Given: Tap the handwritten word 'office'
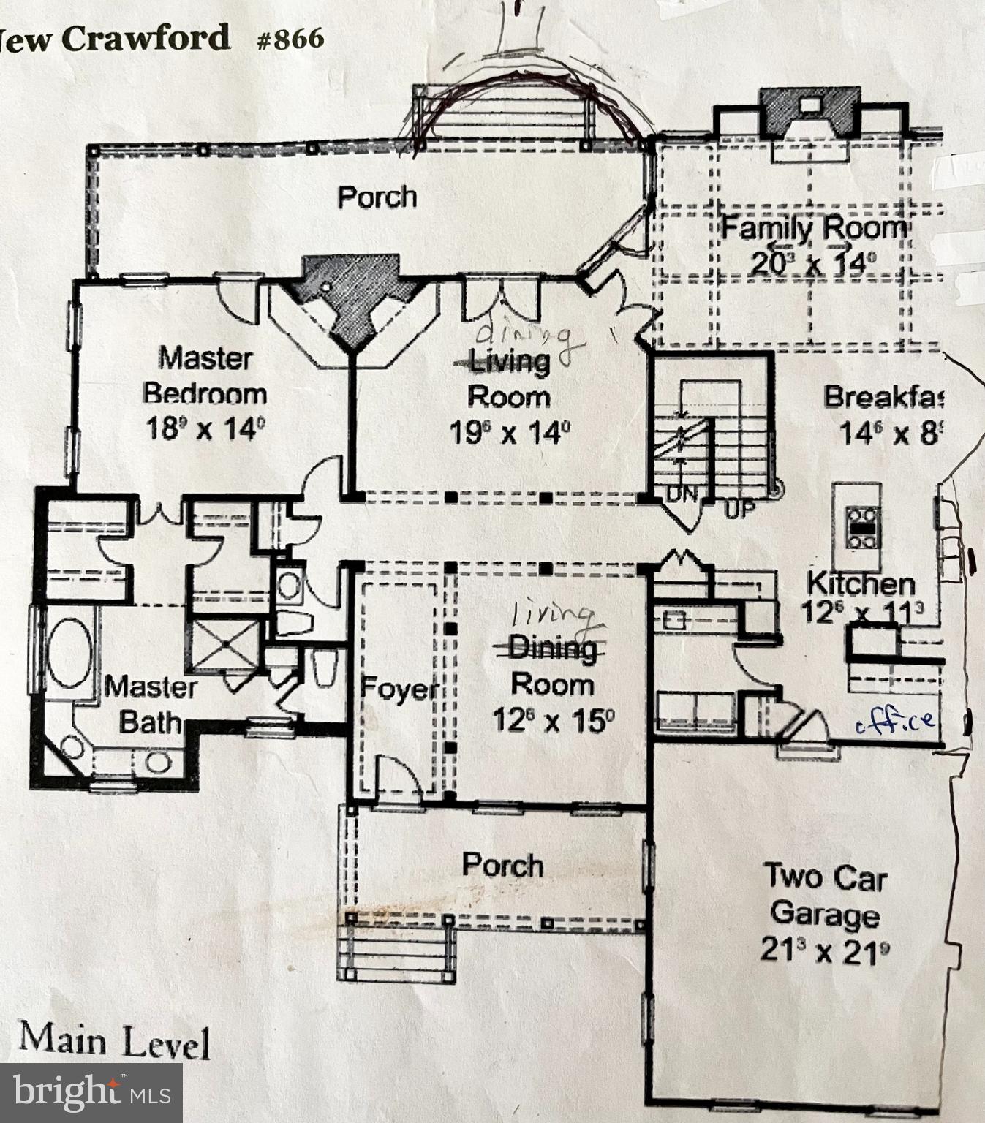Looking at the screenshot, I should point(896,722).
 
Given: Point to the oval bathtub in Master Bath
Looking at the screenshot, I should point(69,653).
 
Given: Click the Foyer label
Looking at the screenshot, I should point(399,689).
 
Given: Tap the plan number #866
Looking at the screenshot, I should point(290,39).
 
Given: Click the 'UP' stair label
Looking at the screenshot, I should point(739,509).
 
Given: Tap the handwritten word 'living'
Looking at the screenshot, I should point(552,615).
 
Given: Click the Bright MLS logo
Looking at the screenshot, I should point(91,1092).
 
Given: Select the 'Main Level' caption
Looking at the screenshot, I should point(114,1040).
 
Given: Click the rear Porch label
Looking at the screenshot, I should point(377,197).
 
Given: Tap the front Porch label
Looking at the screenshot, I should point(503,865).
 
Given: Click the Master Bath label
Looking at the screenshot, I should point(151,705).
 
